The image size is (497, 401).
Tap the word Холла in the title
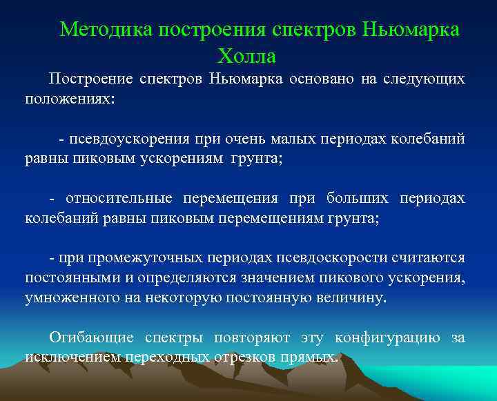(x=246, y=55)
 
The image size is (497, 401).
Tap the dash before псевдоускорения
(x=62, y=139)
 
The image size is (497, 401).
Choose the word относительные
(x=119, y=199)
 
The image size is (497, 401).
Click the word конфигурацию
(x=387, y=338)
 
